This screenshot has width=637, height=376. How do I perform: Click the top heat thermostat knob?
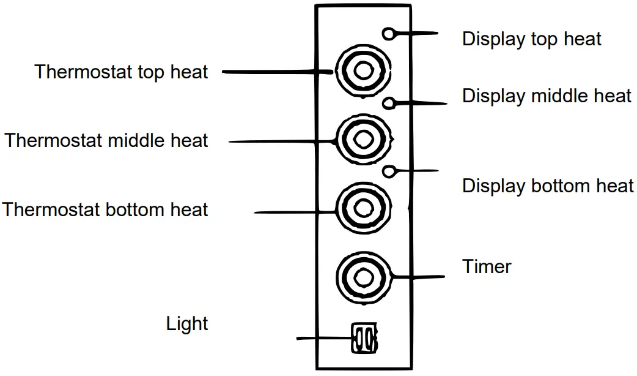point(363,71)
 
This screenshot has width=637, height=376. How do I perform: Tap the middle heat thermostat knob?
point(363,140)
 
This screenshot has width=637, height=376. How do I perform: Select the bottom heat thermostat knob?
point(363,209)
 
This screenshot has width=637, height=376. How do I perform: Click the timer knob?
point(363,277)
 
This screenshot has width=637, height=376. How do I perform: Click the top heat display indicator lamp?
point(389,34)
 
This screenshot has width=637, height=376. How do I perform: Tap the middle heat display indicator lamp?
point(389,103)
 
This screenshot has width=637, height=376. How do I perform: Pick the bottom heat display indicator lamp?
point(389,173)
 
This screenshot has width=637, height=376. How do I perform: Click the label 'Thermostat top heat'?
point(121,72)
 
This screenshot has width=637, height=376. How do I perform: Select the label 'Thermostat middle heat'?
point(106,140)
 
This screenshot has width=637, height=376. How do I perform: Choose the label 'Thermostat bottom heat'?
point(105,209)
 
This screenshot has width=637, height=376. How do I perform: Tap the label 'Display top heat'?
point(531,39)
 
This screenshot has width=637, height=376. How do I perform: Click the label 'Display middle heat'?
point(547,96)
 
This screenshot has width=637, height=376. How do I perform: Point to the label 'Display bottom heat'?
point(548,186)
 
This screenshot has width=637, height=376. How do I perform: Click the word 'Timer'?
point(487,266)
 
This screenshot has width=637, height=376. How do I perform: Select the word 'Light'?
point(187,323)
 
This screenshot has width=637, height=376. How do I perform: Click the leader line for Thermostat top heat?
point(275,72)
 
